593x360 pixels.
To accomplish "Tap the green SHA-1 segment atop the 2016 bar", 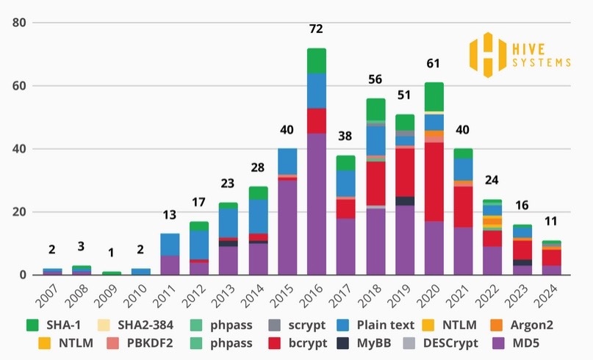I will tap(316, 60).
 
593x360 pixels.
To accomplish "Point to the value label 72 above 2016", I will tap(316, 29).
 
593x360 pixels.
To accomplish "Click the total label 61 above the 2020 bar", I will tap(434, 65).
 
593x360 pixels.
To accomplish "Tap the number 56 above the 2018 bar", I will tap(375, 80).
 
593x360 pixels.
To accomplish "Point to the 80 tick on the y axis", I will tap(19, 23).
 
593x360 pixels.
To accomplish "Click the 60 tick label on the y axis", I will tap(19, 86).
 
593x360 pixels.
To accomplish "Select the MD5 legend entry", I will tap(525, 343).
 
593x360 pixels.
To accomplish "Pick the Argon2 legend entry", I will tap(546, 323).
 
